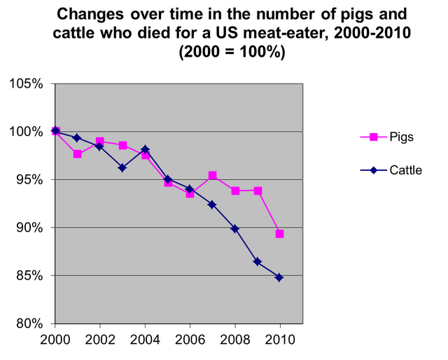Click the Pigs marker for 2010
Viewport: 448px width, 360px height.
tap(279, 234)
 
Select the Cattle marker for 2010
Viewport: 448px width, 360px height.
tap(279, 277)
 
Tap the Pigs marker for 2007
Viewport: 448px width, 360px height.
tap(212, 175)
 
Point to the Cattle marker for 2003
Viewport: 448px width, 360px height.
tap(122, 167)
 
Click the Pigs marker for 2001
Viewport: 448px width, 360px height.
tap(77, 154)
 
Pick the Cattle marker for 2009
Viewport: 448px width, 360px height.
tap(257, 261)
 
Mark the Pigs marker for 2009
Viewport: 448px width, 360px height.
tap(258, 191)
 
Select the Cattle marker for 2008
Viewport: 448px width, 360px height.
tap(234, 229)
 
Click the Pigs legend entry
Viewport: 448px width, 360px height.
tap(400, 137)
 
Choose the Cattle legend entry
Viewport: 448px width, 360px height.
tap(405, 169)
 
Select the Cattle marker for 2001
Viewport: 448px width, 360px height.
tap(77, 138)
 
